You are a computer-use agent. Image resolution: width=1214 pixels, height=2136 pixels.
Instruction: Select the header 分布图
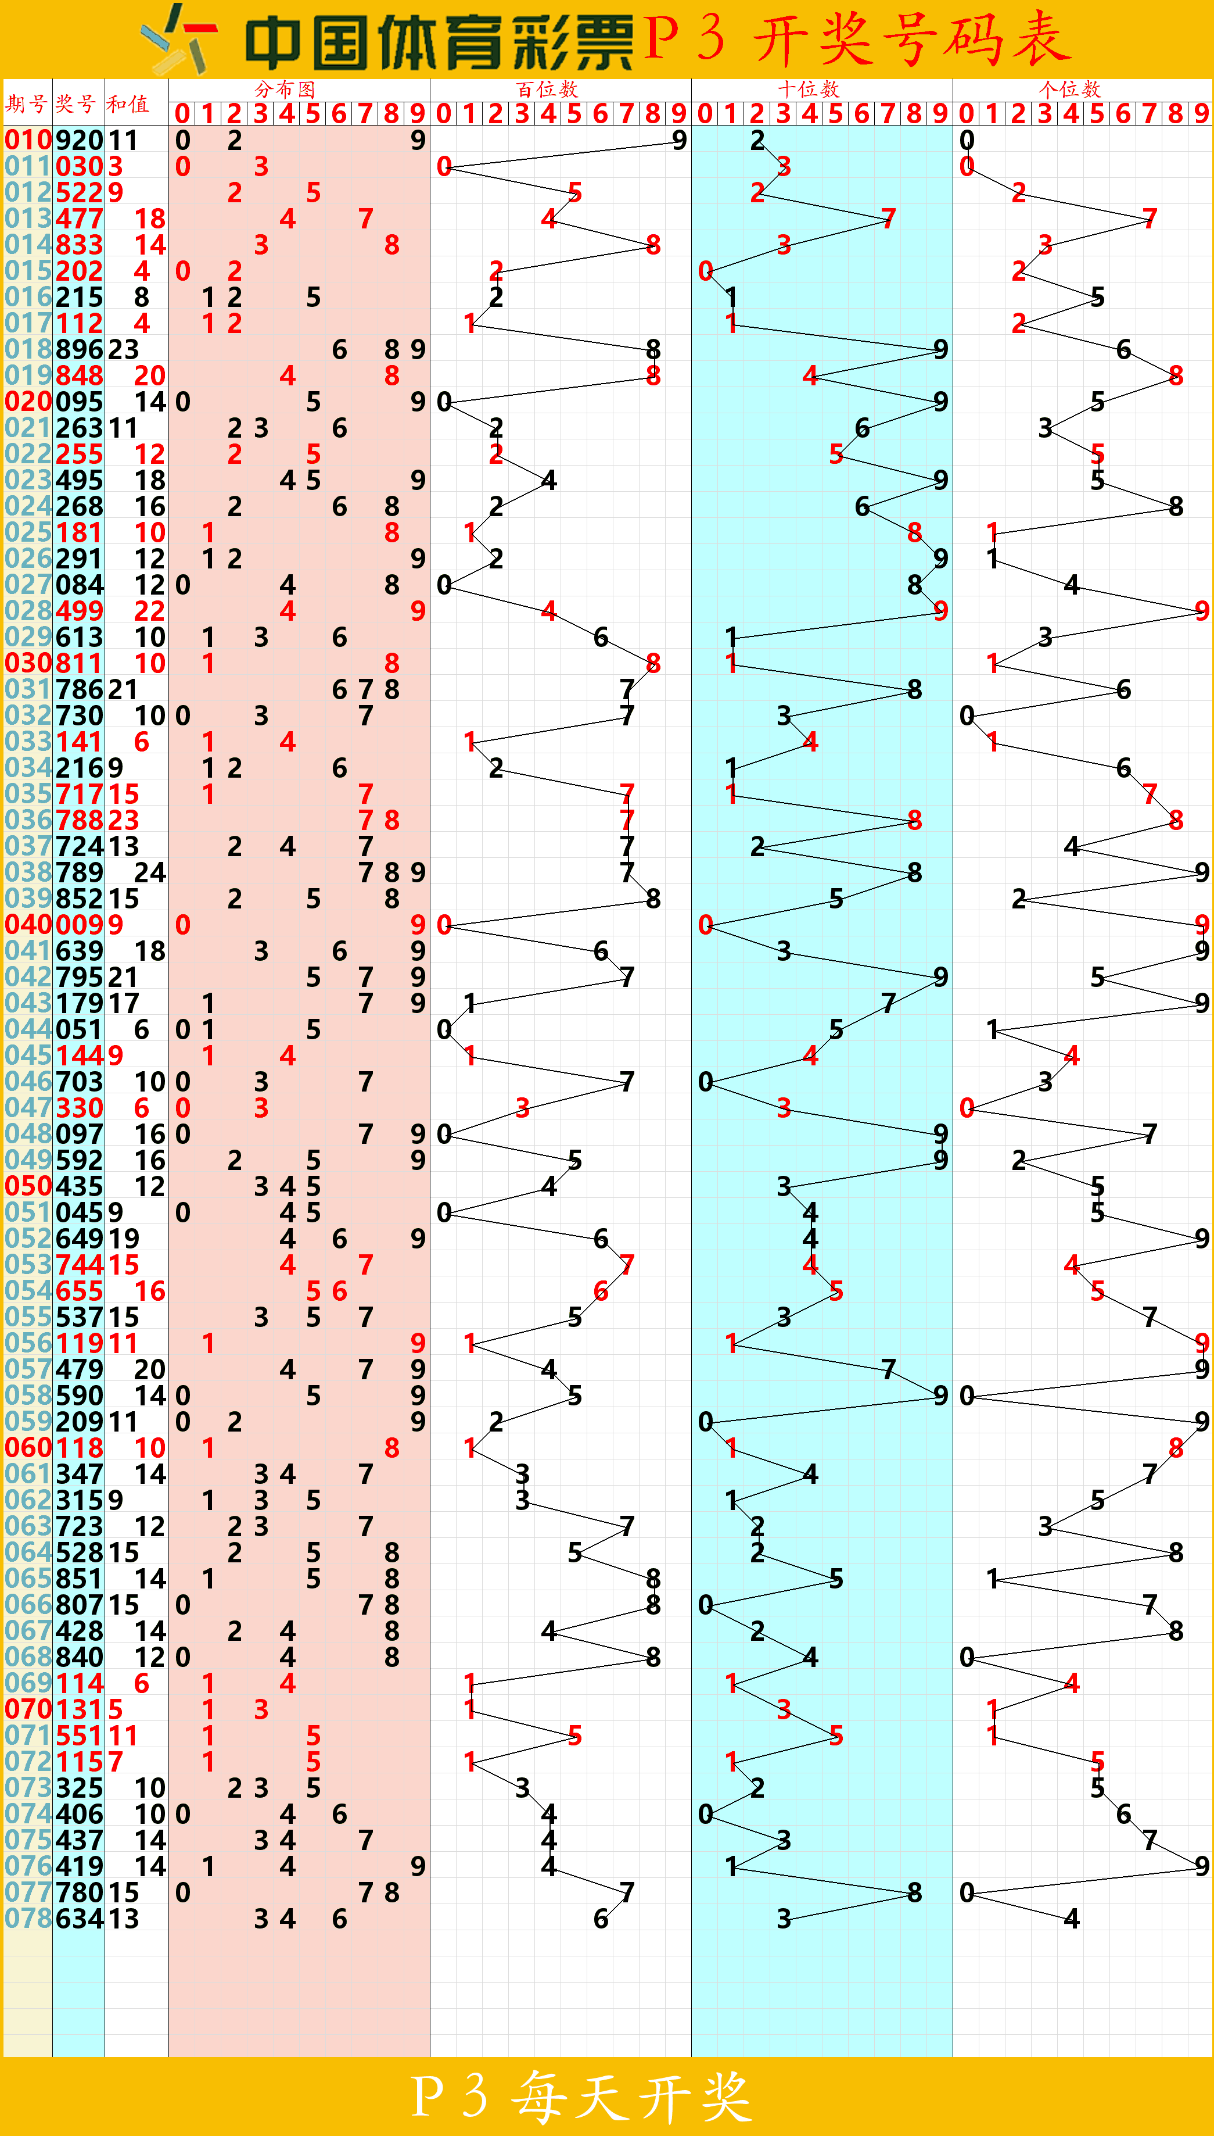click(x=284, y=90)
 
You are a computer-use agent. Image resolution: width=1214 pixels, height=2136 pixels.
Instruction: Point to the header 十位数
click(x=808, y=90)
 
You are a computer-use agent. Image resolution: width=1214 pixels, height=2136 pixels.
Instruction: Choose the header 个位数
click(x=1070, y=90)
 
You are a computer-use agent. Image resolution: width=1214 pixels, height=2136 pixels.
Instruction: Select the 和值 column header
click(x=128, y=103)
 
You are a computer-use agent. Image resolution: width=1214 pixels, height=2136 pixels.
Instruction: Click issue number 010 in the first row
click(x=27, y=140)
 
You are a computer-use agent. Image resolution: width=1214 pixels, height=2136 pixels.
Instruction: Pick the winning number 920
click(x=79, y=140)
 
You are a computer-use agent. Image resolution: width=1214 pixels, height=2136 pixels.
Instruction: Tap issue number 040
click(x=27, y=925)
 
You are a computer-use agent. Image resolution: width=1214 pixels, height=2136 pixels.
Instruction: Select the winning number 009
click(x=79, y=925)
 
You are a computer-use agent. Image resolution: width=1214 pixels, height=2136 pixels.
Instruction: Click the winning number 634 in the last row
click(x=79, y=1918)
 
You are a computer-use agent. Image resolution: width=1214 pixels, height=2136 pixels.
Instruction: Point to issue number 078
click(x=27, y=1918)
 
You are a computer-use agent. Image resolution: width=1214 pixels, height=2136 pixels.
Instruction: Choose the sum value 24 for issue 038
click(x=150, y=872)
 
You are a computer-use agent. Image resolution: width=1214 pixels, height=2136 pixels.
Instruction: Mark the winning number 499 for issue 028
click(x=79, y=610)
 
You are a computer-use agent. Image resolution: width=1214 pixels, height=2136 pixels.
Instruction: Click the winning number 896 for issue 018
click(x=79, y=349)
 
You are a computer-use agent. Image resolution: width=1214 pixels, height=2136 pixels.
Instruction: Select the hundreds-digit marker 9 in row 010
click(x=680, y=140)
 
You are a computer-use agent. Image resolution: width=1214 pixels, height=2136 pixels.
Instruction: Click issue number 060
click(x=27, y=1448)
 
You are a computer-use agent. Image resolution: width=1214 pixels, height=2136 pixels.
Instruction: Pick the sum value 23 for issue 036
click(x=123, y=820)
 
